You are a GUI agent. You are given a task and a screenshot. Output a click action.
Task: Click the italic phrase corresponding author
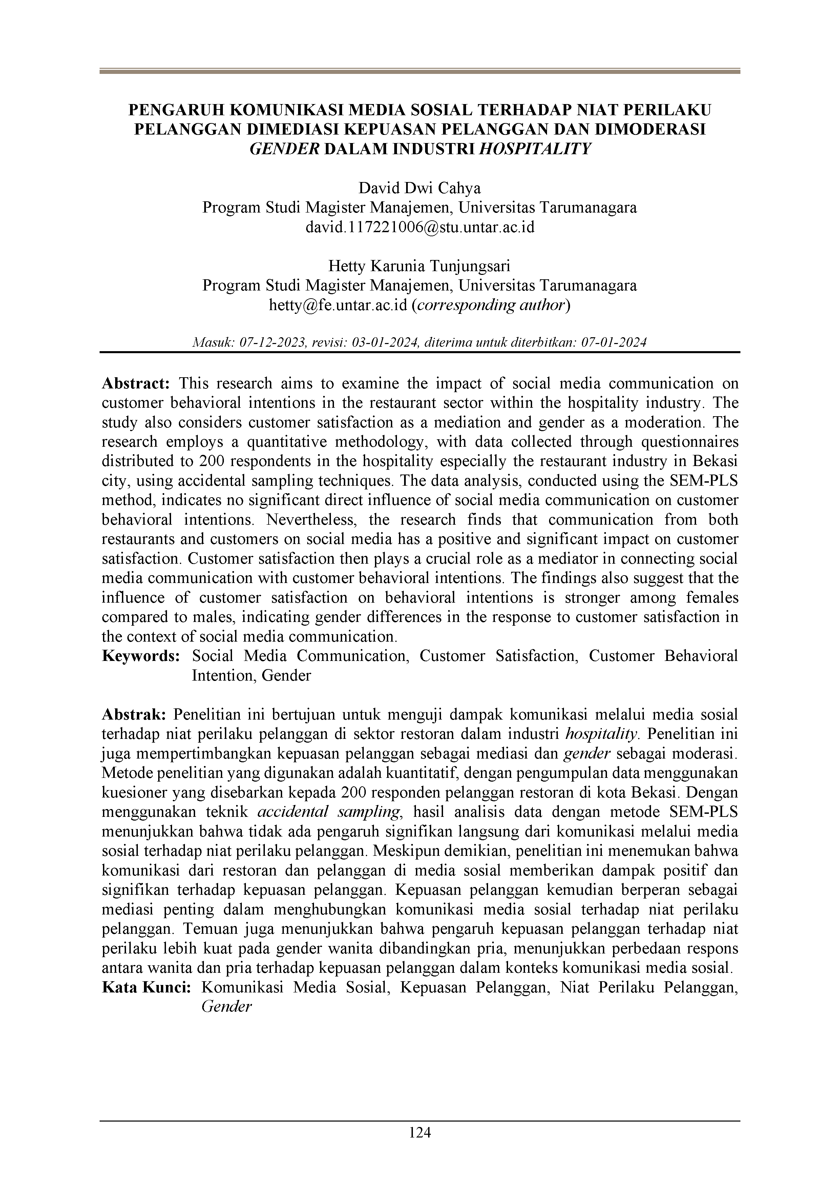490,305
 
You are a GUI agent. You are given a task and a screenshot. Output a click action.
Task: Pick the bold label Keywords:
141,656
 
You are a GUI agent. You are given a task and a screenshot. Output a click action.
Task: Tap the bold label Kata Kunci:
146,988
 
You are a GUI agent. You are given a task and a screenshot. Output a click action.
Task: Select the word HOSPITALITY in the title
535,148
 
